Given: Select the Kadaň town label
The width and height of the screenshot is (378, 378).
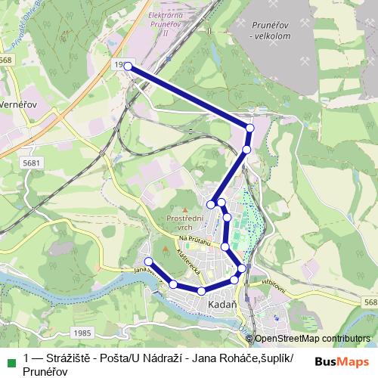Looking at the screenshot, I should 222,304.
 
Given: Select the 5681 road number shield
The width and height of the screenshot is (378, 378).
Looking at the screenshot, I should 32,163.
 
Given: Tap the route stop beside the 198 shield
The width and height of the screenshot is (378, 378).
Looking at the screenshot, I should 129,67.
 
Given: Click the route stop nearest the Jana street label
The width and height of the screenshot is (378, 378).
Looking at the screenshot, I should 148,262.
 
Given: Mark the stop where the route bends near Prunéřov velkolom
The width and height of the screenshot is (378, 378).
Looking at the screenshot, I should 250,128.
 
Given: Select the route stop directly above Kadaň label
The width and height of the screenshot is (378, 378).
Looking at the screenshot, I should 202,291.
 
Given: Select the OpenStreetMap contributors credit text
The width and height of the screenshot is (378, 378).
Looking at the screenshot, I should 311,339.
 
